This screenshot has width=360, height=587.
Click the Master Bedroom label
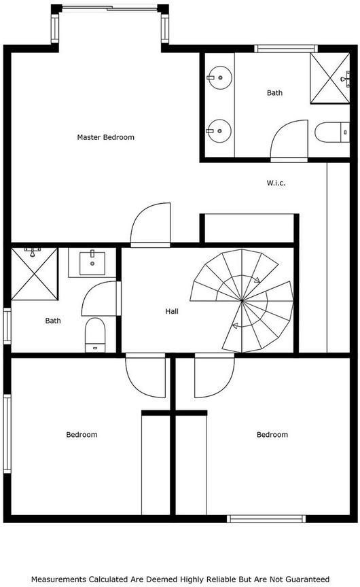(105, 137)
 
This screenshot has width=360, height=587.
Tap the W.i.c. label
(276, 183)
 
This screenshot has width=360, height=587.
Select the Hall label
(172, 311)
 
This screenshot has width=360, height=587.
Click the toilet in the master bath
(332, 132)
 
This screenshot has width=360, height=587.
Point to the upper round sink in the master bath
(219, 77)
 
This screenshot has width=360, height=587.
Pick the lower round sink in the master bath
(219, 131)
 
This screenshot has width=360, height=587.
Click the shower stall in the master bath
(330, 78)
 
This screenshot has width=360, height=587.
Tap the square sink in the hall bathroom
(92, 263)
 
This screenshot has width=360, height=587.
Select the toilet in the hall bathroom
(95, 335)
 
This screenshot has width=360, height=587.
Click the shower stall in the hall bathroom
(35, 274)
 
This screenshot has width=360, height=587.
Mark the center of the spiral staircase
(242, 300)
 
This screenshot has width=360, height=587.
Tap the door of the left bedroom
(145, 375)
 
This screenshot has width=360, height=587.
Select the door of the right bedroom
(215, 375)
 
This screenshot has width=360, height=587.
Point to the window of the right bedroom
(266, 519)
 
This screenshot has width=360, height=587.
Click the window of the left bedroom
(7, 433)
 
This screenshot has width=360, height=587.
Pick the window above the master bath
(286, 48)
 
